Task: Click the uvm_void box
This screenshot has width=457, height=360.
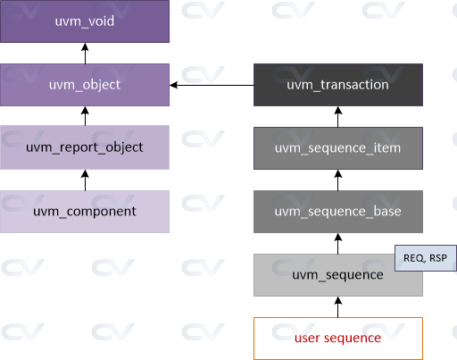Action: (85, 21)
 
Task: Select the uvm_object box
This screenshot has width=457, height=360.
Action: (85, 85)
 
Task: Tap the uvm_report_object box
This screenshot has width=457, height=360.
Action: (85, 147)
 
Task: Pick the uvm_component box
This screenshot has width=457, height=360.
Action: (85, 212)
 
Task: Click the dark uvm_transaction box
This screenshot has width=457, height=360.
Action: (338, 85)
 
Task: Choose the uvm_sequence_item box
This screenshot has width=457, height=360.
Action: (338, 147)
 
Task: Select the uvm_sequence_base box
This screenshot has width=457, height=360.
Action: (338, 212)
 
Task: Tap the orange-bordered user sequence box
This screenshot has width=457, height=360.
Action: (338, 338)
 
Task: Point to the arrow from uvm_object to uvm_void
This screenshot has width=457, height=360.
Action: (85, 53)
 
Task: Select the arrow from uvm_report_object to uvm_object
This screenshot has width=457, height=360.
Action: (85, 116)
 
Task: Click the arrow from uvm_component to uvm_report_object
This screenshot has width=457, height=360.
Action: (85, 180)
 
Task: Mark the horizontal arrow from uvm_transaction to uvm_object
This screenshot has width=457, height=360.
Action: (212, 85)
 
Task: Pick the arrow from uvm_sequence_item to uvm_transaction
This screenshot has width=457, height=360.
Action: (338, 116)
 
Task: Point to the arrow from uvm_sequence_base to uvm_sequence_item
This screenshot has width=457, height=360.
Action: (338, 180)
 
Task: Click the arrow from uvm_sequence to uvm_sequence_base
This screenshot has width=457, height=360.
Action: (338, 243)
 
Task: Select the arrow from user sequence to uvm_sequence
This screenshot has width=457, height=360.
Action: (338, 306)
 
